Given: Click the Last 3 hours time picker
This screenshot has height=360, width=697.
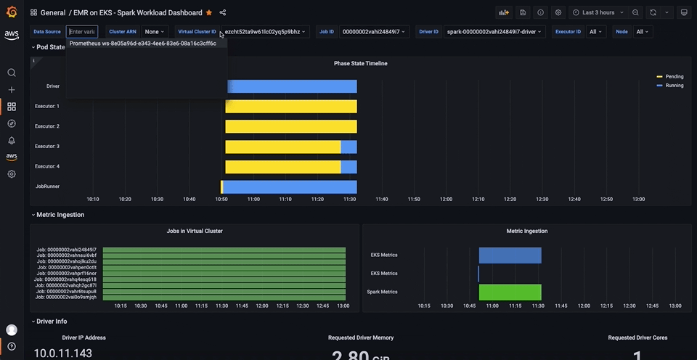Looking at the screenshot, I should (x=598, y=12).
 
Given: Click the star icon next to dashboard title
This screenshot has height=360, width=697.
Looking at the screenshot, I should (x=209, y=12).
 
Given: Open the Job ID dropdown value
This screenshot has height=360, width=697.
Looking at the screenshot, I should (x=373, y=32).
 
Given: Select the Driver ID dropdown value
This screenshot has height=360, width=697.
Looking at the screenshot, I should (x=494, y=32).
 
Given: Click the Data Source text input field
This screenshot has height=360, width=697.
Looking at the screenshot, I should (x=82, y=32).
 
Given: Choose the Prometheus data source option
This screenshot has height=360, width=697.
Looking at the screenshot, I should (x=143, y=44).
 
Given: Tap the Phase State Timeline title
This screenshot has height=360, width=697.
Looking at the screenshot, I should (x=360, y=64).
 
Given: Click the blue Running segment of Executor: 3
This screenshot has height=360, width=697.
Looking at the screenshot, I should (x=348, y=147).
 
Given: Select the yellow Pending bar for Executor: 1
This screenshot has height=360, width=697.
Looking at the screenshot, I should (x=290, y=107).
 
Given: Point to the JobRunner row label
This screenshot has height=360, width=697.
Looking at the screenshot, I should (x=47, y=187).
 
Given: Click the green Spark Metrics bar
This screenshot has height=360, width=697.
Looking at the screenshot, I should (x=510, y=292).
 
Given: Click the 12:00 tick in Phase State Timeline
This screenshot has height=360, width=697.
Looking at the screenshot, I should (x=446, y=199).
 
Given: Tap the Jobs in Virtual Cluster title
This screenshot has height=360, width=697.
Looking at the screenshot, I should (x=195, y=231).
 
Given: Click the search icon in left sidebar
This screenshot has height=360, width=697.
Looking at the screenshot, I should (x=12, y=73).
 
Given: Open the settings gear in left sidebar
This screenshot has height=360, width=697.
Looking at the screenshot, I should (x=12, y=174).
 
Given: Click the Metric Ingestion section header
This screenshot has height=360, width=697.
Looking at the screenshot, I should (x=60, y=215).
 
